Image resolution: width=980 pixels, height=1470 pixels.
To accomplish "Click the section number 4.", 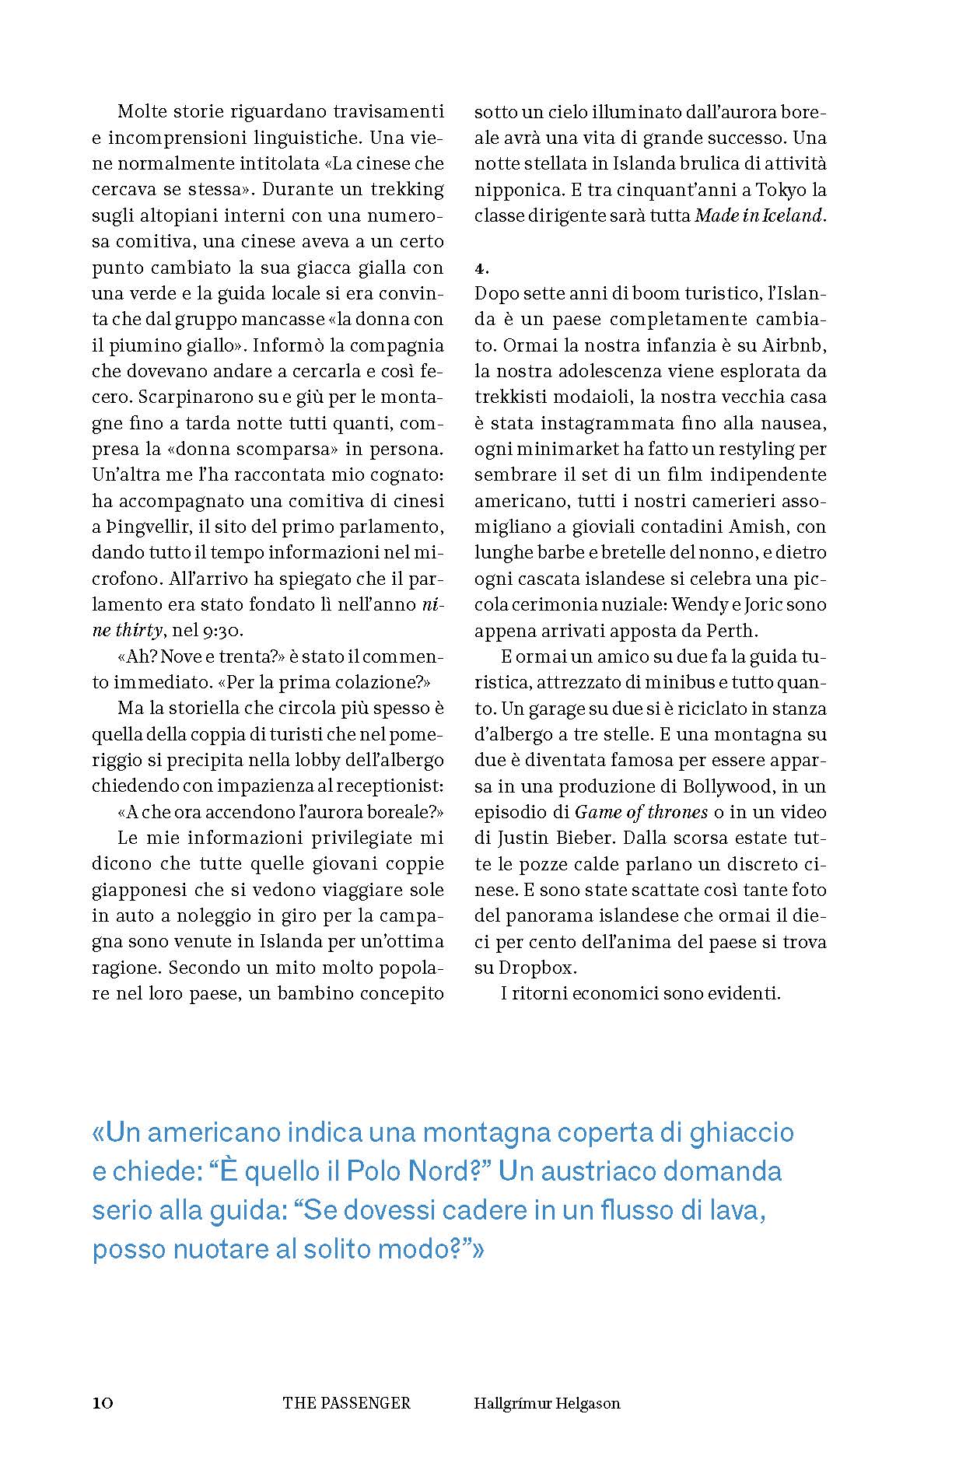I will point(481,268).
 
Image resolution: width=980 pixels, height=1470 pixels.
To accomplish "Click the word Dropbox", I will point(537,968).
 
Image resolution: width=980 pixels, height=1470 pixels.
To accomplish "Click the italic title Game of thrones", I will point(641,812).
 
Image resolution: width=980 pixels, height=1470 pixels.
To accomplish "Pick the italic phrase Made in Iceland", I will point(758,216).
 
